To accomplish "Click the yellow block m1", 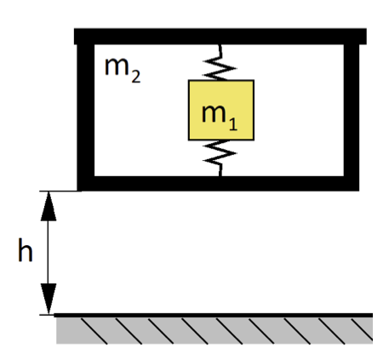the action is (x=221, y=110).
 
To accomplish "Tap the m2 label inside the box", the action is (x=123, y=70).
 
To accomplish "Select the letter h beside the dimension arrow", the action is (x=26, y=250).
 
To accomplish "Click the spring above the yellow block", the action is (x=220, y=62).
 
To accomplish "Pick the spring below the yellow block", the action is (x=220, y=158).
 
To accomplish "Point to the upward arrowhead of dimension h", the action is (x=49, y=206).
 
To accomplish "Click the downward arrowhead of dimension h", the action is (x=49, y=299).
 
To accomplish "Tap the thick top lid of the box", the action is (x=220, y=37).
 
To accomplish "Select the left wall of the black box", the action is (x=86, y=117).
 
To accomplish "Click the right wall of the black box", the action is (x=352, y=117).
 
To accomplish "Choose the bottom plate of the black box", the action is (x=218, y=184).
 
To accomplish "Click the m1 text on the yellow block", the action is (x=220, y=117).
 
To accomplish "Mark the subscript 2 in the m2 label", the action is (x=136, y=77).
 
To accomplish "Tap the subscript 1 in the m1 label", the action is (x=233, y=124).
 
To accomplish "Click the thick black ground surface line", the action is (x=213, y=315).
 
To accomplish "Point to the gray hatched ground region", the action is (x=215, y=330).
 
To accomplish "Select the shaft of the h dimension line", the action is (x=49, y=253).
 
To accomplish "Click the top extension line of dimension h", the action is (x=60, y=191).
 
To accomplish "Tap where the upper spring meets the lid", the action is (x=220, y=45).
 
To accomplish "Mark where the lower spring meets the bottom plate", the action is (x=220, y=176).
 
